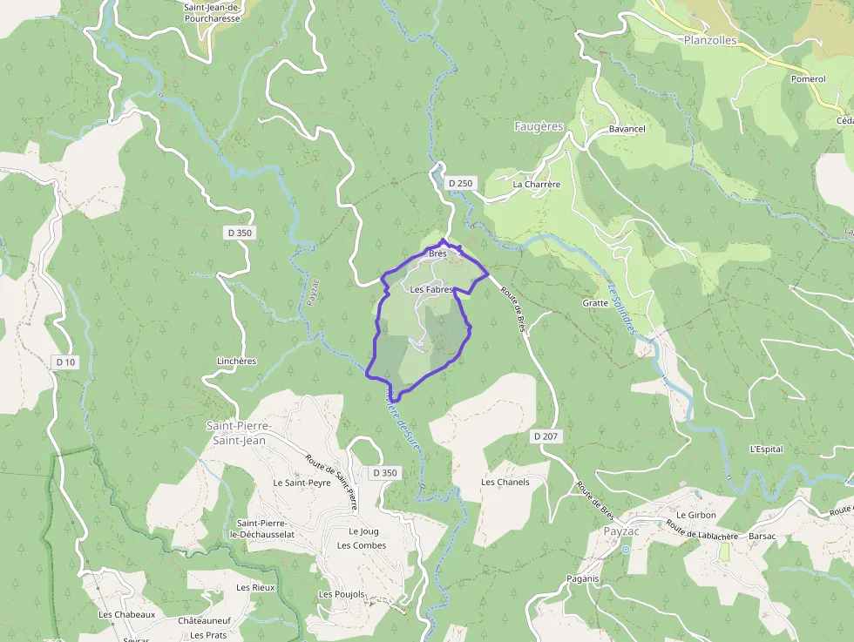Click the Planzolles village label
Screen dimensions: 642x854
pos(710,40)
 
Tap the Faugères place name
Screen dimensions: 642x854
pos(539,126)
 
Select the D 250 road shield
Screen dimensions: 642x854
pos(460,183)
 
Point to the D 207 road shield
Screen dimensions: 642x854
pos(545,435)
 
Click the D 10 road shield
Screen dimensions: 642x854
pos(65,362)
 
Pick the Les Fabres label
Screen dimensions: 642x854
pos(431,289)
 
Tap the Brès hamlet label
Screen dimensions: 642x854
pos(437,253)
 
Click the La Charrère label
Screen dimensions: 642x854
pos(536,185)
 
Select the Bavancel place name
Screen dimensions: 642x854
pos(627,129)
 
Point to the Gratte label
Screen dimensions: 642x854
pos(595,303)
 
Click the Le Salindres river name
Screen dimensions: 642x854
pos(620,306)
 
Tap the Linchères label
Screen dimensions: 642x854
pos(236,361)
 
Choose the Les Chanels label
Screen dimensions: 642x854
pos(505,482)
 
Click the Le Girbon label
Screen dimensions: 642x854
pos(695,515)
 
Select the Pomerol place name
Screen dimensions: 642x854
pos(808,78)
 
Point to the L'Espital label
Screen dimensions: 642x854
pos(766,449)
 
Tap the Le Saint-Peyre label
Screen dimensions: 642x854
pos(302,482)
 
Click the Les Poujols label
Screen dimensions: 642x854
pos(342,594)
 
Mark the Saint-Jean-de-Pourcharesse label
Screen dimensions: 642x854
pos(213,11)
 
